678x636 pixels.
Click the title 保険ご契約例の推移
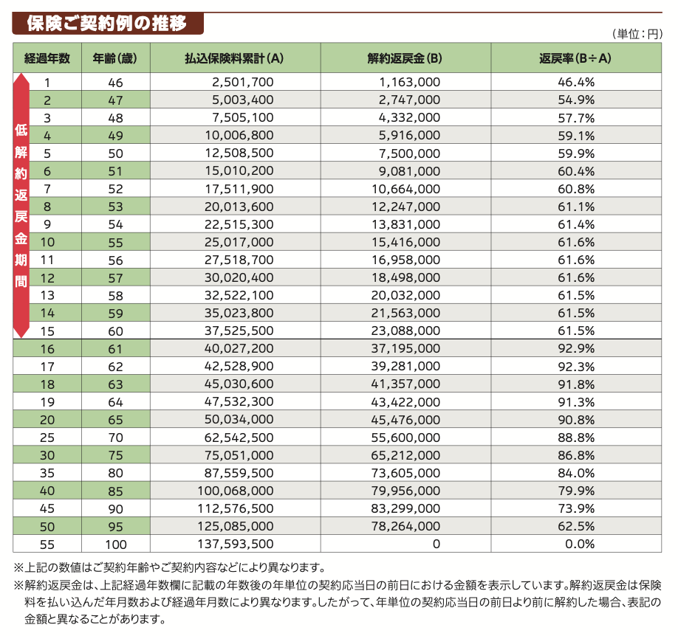click(x=106, y=24)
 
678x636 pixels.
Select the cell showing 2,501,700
click(x=242, y=82)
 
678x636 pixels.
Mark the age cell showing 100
click(x=116, y=545)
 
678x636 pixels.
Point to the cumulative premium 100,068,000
click(x=236, y=491)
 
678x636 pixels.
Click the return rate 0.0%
click(x=579, y=545)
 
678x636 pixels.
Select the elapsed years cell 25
click(x=47, y=438)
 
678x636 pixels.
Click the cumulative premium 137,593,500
click(x=236, y=545)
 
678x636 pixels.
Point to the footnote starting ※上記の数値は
click(x=170, y=567)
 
